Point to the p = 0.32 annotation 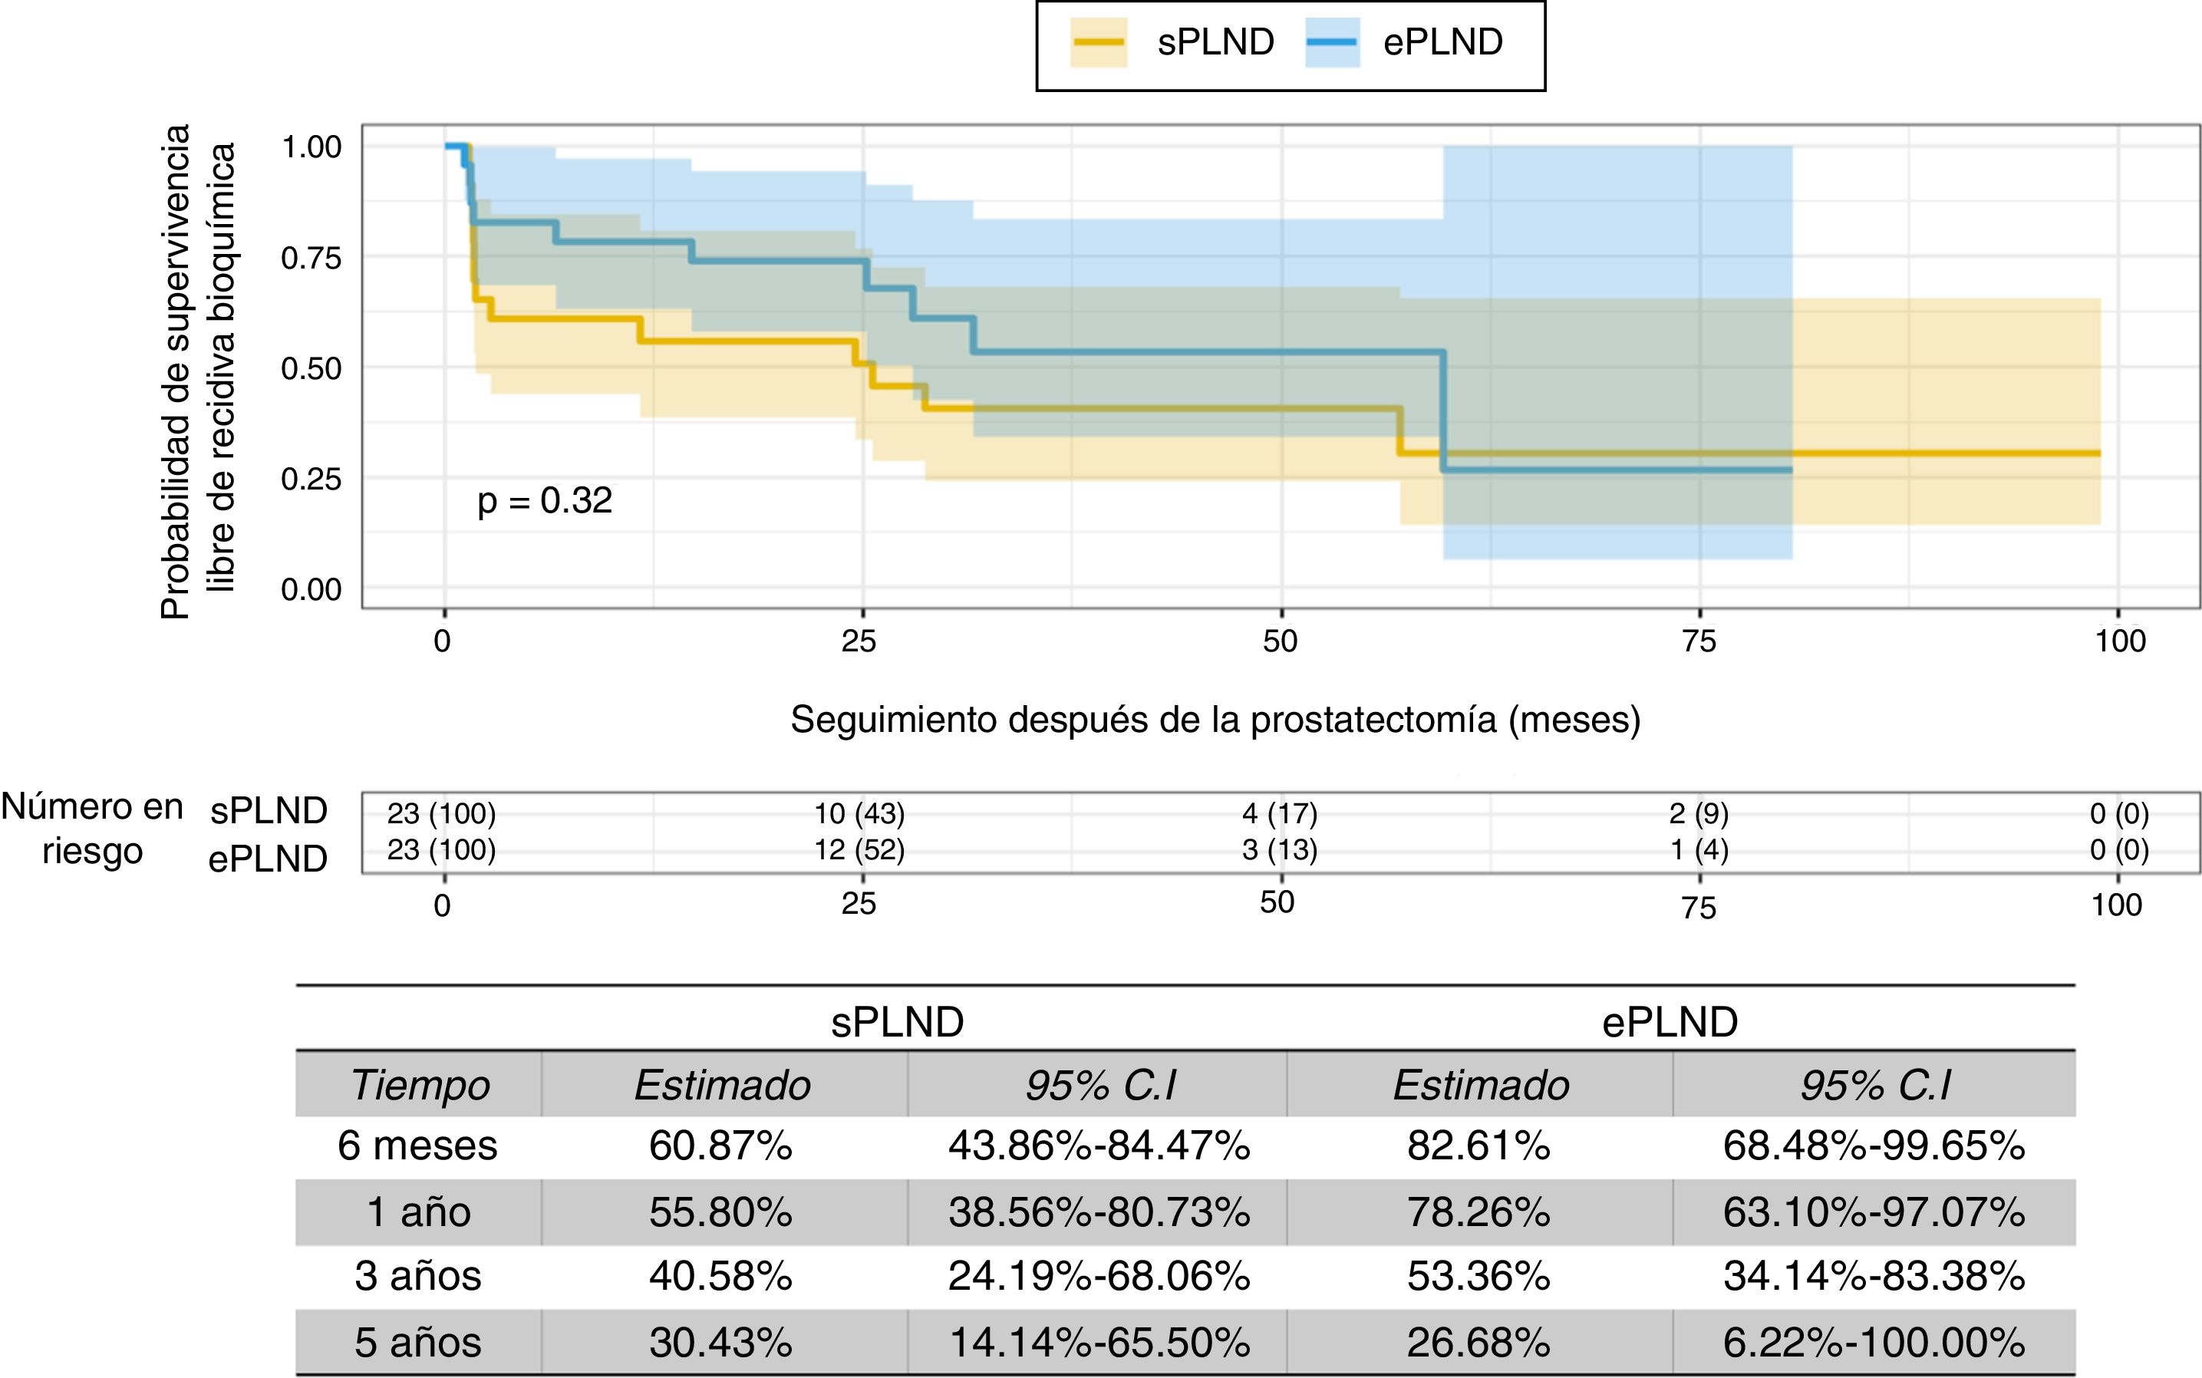[545, 500]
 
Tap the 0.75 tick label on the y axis [311, 258]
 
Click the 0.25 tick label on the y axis [311, 480]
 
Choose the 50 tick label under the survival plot [1280, 641]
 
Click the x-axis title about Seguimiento [1215, 720]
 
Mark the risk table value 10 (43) [859, 813]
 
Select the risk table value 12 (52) [859, 850]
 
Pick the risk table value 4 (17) [1280, 813]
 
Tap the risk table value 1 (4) [1699, 850]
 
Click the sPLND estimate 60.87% [720, 1146]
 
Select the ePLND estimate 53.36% [1478, 1276]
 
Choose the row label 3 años [417, 1276]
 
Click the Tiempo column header [420, 1085]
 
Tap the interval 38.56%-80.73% [1099, 1212]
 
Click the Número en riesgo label [92, 829]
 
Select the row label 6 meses [417, 1146]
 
